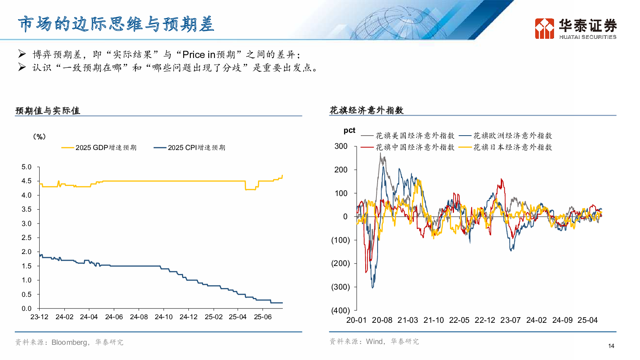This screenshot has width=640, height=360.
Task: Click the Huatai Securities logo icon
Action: pos(544,28)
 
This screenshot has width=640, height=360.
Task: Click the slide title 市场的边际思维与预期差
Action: pos(116,24)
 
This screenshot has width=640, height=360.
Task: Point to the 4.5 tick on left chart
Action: pos(26,181)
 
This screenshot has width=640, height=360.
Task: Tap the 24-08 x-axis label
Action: pos(139,317)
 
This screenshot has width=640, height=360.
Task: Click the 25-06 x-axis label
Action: pos(263,317)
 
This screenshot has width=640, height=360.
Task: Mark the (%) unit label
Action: pos(39,137)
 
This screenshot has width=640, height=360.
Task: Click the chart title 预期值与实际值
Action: pos(48,111)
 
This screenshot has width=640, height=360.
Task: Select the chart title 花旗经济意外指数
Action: pos(366,110)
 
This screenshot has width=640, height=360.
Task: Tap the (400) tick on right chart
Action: pos(340,310)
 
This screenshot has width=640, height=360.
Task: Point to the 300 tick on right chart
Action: pos(341,146)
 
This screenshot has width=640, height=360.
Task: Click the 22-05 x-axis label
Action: pos(459,320)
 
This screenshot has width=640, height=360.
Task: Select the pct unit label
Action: pos(349,130)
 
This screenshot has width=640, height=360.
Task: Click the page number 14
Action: pos(611,346)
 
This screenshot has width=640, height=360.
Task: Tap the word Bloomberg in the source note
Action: pos(69,342)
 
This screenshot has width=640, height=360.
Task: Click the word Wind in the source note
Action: pos(374,342)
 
